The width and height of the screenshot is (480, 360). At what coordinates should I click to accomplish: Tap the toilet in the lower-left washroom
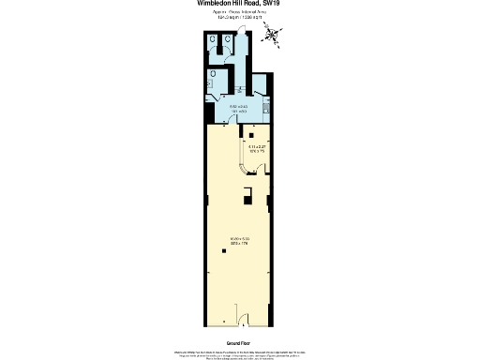(x=215, y=72)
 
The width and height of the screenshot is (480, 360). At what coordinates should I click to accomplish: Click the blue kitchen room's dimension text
(x=239, y=108)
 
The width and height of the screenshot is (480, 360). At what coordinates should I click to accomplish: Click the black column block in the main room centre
(x=247, y=195)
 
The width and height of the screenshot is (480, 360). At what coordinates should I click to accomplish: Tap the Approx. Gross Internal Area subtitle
(x=240, y=13)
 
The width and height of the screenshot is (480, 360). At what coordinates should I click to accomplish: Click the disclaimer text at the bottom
(x=239, y=353)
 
